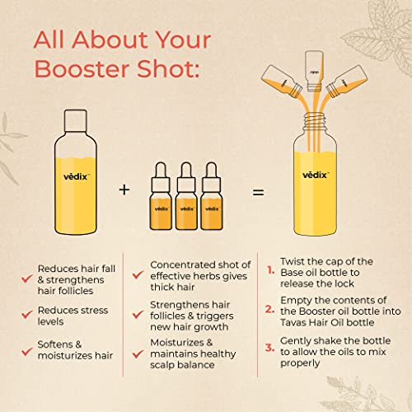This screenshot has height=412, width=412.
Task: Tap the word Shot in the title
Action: point(168,69)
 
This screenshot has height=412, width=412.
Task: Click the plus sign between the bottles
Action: point(124,190)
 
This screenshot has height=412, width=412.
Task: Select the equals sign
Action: point(258,192)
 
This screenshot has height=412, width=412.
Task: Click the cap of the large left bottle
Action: point(76,120)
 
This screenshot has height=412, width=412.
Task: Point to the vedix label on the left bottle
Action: point(76,176)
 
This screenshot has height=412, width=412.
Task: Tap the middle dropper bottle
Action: point(186,196)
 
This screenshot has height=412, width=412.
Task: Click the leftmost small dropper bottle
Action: point(161,196)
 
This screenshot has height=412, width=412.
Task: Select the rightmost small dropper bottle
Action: point(212,196)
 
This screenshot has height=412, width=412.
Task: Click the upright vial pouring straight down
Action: point(314,71)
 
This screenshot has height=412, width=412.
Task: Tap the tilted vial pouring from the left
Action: point(282,82)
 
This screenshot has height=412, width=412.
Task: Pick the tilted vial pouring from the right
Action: point(347,82)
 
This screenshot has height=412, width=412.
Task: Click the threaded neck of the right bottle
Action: point(315,122)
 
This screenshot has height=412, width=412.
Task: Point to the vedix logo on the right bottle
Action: point(315,175)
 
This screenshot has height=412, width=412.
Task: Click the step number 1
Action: point(271,270)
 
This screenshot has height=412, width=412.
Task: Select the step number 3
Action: point(269,348)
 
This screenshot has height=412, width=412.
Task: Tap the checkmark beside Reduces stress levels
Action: point(27,314)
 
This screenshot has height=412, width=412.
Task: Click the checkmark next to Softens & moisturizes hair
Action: point(27,351)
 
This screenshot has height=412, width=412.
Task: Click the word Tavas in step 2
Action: point(293,322)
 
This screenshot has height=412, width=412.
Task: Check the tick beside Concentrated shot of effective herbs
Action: point(138,274)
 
